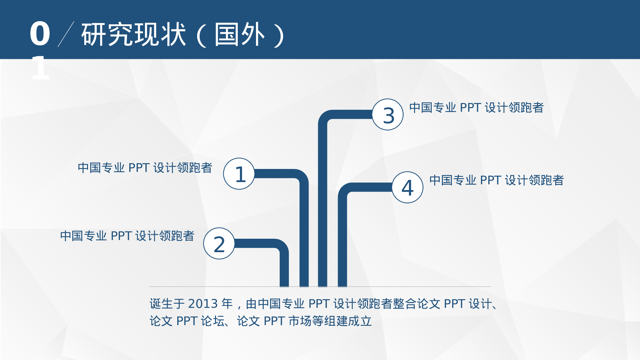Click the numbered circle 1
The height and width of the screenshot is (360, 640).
tap(239, 174)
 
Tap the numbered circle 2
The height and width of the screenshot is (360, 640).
tap(219, 244)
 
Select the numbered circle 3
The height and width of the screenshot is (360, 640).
tap(388, 115)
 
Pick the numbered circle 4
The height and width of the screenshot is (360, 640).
tap(408, 187)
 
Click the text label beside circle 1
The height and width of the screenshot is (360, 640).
tap(145, 168)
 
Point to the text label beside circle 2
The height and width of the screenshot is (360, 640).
tap(127, 236)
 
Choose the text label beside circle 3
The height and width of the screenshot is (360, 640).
tap(476, 108)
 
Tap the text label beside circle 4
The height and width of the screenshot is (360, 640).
tap(497, 180)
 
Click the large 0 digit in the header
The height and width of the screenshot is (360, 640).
tap(40, 34)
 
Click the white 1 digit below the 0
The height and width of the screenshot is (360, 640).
tap(40, 68)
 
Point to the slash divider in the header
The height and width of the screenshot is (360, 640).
tap(66, 34)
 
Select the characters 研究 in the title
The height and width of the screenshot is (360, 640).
tap(107, 34)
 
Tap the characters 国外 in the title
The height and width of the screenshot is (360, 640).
tap(240, 34)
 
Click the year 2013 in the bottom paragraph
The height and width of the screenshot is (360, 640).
tap(203, 304)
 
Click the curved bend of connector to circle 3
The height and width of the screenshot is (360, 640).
tap(325, 117)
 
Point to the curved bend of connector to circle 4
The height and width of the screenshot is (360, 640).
tap(345, 190)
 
